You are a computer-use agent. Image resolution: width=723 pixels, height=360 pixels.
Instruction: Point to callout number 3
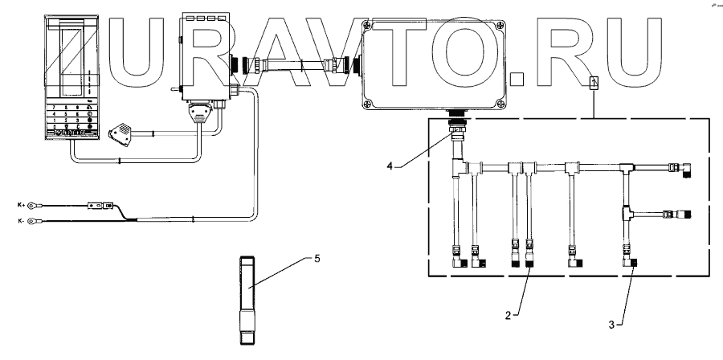(612, 325)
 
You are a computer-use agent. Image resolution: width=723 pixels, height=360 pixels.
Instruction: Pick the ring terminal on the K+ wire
(32, 207)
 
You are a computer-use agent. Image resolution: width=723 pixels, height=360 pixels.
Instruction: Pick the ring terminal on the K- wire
(32, 219)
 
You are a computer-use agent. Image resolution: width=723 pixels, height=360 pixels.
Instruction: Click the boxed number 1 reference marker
(593, 81)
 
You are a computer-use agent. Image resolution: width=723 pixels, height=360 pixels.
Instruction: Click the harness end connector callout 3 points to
(632, 261)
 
